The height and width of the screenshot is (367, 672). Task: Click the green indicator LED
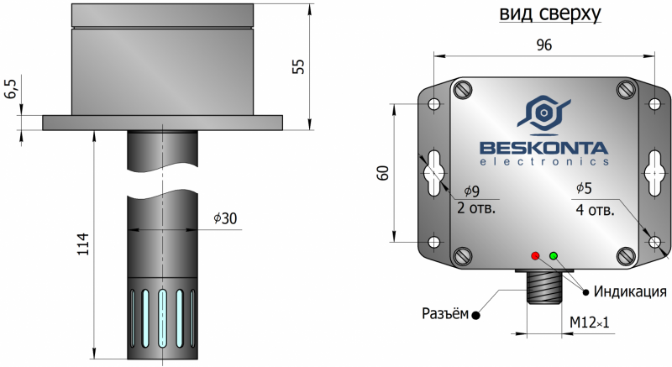coord(553,254)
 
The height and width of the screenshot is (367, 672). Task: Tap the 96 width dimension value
coord(543,46)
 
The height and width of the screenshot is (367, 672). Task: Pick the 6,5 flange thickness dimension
coord(10,89)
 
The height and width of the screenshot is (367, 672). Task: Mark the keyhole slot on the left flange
coord(434,171)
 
